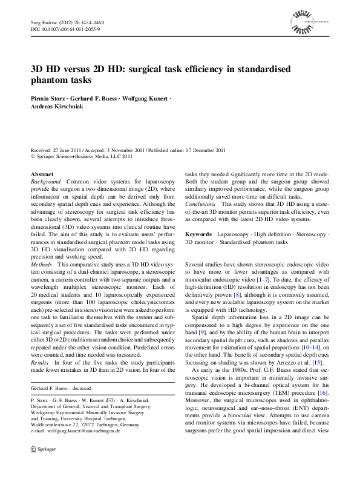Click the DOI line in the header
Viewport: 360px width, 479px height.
point(65,28)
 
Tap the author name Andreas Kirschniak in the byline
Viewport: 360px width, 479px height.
point(57,107)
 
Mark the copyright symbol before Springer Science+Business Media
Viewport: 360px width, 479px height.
point(33,156)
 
